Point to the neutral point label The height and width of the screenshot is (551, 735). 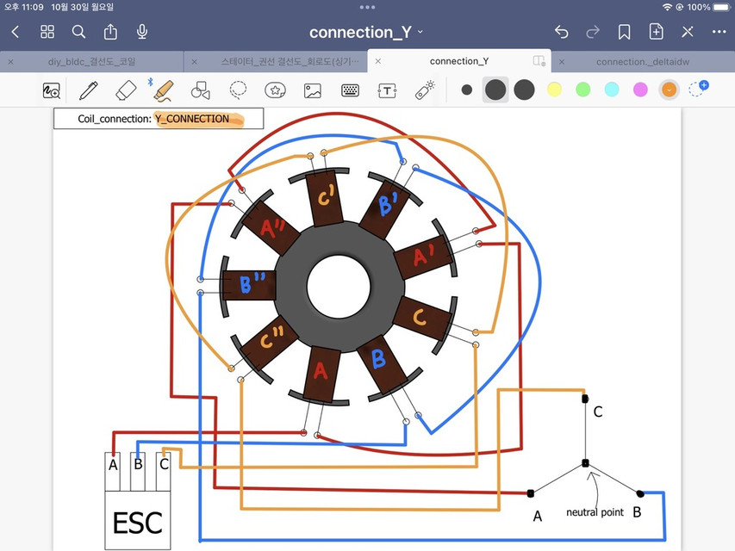pyautogui.click(x=595, y=512)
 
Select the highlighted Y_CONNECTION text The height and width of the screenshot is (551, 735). pyautogui.click(x=193, y=119)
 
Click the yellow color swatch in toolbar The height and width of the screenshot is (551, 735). pyautogui.click(x=554, y=90)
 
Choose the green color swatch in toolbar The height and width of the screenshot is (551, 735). pyautogui.click(x=583, y=90)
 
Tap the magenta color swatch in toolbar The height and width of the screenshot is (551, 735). pyautogui.click(x=640, y=90)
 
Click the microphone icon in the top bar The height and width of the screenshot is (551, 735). pyautogui.click(x=142, y=32)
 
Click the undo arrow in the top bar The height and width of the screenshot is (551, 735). pyautogui.click(x=562, y=32)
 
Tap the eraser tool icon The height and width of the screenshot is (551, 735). pyautogui.click(x=126, y=90)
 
